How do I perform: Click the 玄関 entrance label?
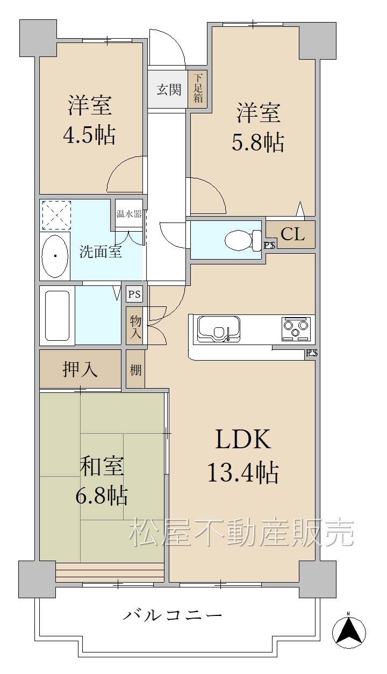pos(169,89)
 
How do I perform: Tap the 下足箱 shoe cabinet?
pos(197,89)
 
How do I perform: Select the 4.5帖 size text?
pos(89,135)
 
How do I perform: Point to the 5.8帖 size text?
pos(257,142)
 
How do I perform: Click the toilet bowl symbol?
pos(243,240)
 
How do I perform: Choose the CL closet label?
pos(292,234)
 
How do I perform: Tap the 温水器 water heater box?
pos(129,214)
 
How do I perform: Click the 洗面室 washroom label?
pos(101,252)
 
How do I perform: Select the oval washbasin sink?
pos(55,256)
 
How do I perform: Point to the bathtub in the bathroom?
pos(57,316)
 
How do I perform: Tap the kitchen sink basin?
pos(218,329)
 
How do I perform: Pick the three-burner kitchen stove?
pos(296,328)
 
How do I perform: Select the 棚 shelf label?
pos(135,370)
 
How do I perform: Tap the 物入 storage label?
pos(135,327)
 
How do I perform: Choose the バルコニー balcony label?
pos(173,614)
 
